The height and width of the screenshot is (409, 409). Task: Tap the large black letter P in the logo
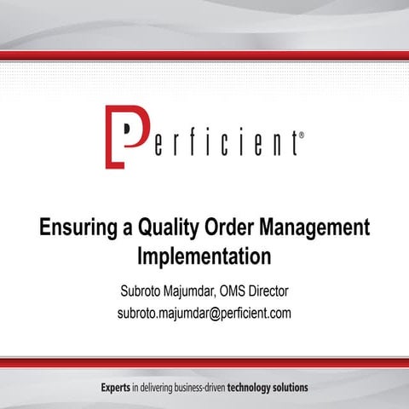point(127,135)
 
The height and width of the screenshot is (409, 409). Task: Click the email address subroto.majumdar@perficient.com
point(204,313)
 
